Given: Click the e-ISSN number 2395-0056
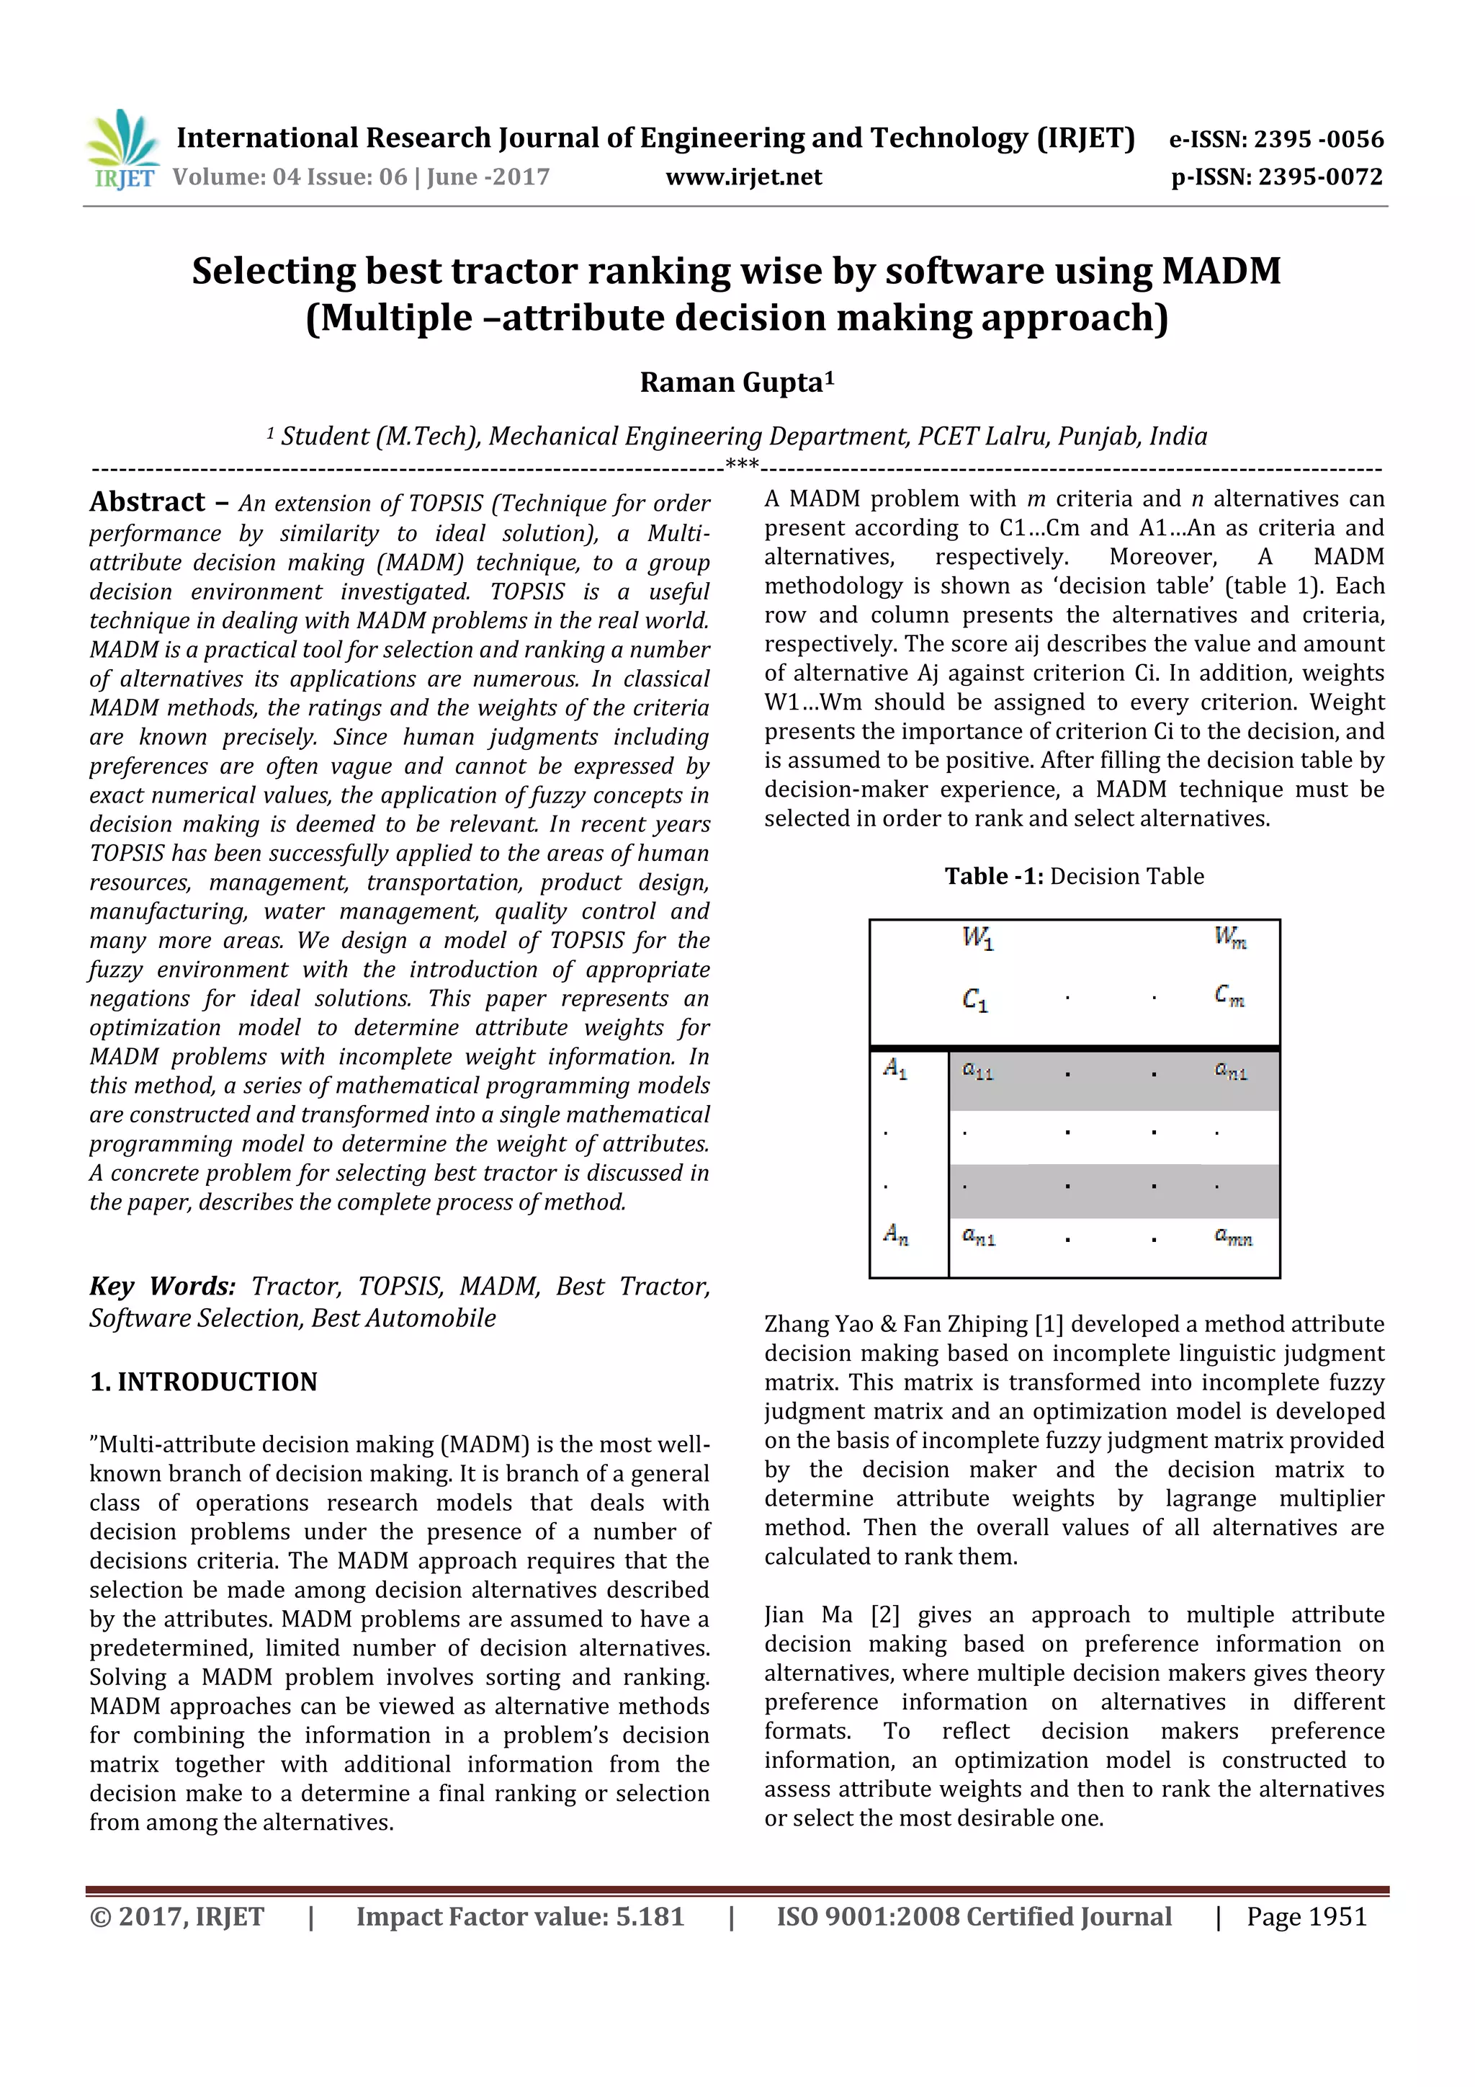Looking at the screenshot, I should tap(1318, 139).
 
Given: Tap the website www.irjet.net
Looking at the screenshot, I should tap(743, 177).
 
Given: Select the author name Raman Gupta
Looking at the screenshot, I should tap(736, 383).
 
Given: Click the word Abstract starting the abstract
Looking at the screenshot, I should tap(147, 501).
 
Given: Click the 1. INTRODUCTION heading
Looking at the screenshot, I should tap(204, 1382).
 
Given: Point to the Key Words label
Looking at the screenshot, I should tap(162, 1286).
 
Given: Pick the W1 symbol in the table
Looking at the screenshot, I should tap(978, 937).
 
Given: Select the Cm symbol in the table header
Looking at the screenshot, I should tap(1229, 996).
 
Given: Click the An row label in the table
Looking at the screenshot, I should tap(896, 1234).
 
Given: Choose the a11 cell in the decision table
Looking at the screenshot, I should tap(978, 1072).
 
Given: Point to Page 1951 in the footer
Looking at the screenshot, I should tap(1306, 1917).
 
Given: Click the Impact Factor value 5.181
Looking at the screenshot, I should tap(649, 1917).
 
